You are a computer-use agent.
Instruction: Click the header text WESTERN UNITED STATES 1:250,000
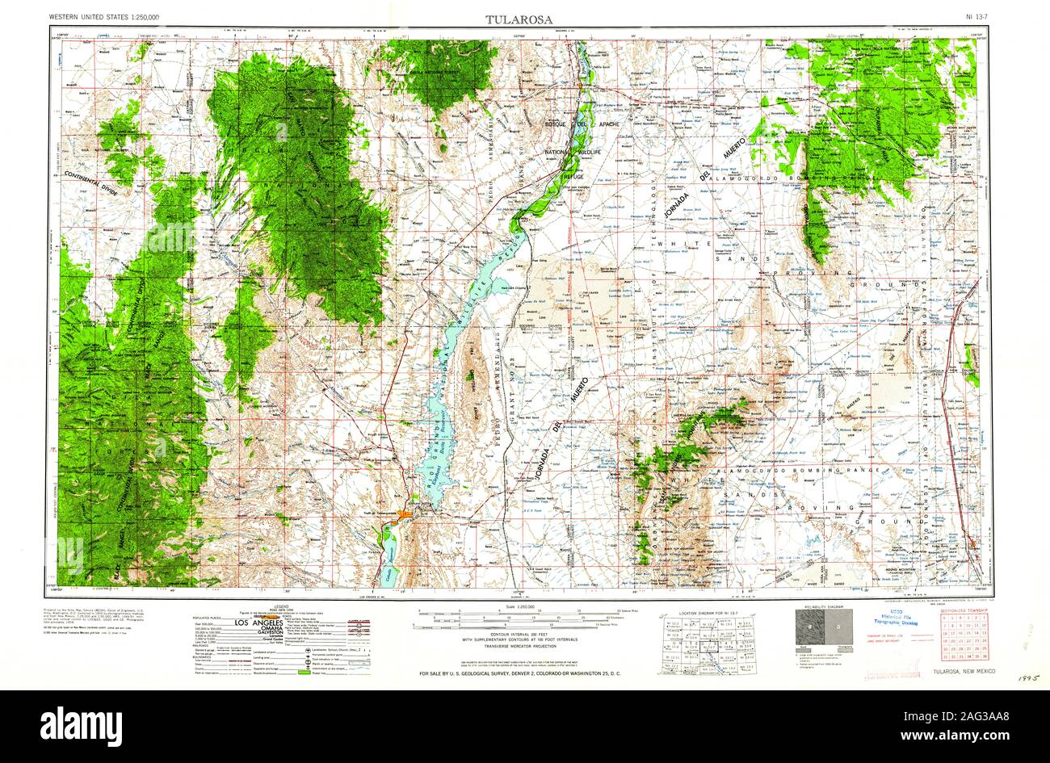[104, 17]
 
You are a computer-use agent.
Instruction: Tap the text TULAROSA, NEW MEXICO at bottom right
[963, 672]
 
